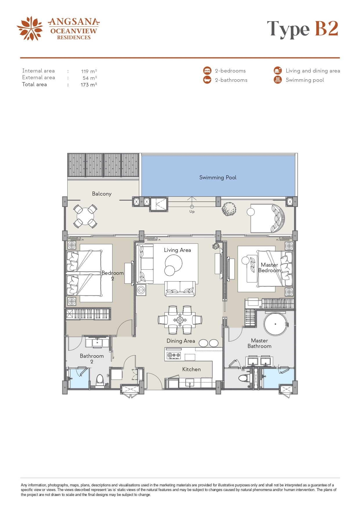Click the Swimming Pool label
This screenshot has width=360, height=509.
click(x=218, y=178)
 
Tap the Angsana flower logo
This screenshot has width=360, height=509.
click(x=30, y=28)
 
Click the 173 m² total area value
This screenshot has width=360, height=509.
click(x=89, y=85)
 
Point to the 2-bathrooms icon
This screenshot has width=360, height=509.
click(x=207, y=80)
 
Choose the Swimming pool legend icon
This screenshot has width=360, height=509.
click(x=278, y=80)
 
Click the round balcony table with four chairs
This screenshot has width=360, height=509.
click(x=85, y=216)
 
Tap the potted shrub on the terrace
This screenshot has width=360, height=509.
click(x=229, y=209)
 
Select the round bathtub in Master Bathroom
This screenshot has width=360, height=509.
click(x=276, y=324)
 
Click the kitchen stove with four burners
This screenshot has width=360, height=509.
click(x=174, y=355)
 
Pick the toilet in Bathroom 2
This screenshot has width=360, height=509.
click(x=100, y=380)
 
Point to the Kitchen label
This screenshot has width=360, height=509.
click(x=191, y=369)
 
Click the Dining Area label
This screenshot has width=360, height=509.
click(x=181, y=341)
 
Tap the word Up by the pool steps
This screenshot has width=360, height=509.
click(x=192, y=212)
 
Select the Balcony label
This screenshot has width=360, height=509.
click(x=102, y=194)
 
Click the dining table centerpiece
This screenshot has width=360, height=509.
click(x=180, y=320)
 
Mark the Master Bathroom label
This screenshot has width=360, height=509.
click(x=260, y=343)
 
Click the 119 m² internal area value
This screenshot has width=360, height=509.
click(x=89, y=71)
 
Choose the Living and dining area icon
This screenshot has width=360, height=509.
click(x=278, y=71)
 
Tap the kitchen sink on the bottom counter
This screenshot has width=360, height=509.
click(x=190, y=383)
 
